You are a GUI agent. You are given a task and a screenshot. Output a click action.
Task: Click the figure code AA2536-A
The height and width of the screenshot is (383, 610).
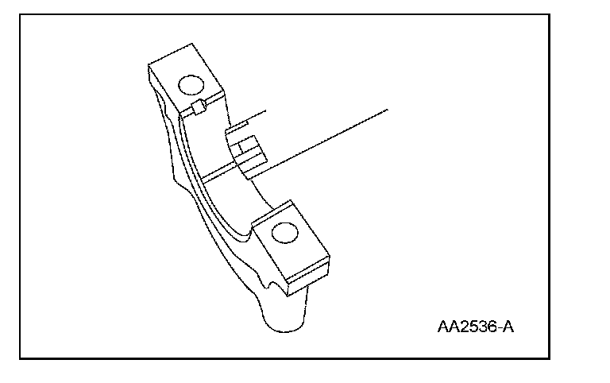[x=474, y=327]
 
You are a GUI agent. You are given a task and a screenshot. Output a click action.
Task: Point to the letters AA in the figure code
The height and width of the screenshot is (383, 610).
[x=446, y=327]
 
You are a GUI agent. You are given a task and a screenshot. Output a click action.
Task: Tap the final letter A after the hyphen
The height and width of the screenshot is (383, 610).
[x=506, y=327]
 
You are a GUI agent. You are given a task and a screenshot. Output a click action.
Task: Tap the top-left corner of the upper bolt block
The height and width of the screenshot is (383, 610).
[x=149, y=64]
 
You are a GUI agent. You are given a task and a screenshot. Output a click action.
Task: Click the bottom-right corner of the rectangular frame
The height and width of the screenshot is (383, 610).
[x=550, y=358]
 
